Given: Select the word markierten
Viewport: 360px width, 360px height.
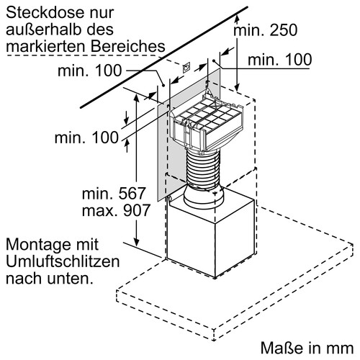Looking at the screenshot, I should [45, 45].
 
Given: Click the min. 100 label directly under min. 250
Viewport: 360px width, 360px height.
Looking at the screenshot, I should [279, 60].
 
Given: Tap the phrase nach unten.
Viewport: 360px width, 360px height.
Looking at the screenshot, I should [50, 276].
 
